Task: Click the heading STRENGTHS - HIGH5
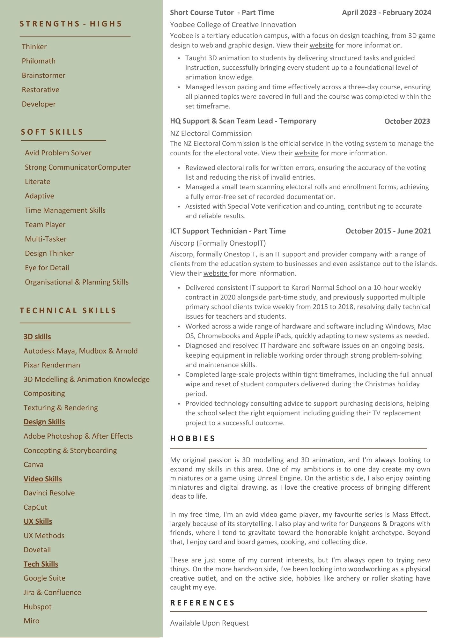click(x=71, y=24)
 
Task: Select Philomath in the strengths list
click(x=39, y=61)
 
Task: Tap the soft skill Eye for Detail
click(x=47, y=268)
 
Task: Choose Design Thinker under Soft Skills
click(x=49, y=253)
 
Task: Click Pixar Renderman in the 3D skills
click(x=52, y=365)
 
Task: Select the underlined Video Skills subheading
click(x=43, y=479)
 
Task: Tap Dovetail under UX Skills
click(x=37, y=550)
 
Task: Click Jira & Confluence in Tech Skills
click(x=52, y=592)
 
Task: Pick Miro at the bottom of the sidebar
click(x=32, y=621)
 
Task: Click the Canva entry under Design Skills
click(x=33, y=464)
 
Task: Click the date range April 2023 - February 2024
click(x=386, y=13)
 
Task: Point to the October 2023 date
click(x=407, y=121)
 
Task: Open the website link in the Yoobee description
click(x=322, y=45)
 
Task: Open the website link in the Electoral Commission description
click(x=306, y=153)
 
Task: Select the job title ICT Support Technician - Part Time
click(x=228, y=231)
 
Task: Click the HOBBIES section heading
click(x=193, y=439)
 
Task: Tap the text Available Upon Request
click(x=209, y=623)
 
